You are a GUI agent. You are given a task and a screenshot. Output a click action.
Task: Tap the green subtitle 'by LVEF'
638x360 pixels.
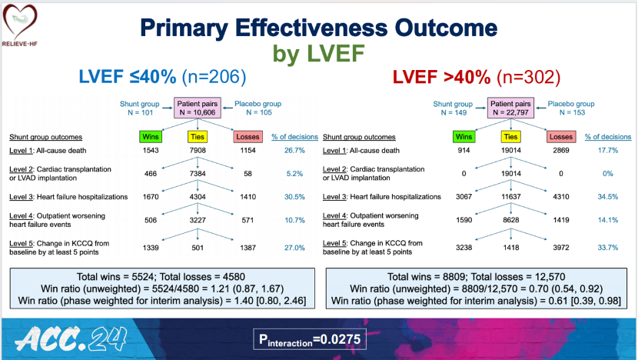(318, 54)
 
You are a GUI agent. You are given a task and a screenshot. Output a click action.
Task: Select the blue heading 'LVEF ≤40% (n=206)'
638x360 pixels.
(163, 77)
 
